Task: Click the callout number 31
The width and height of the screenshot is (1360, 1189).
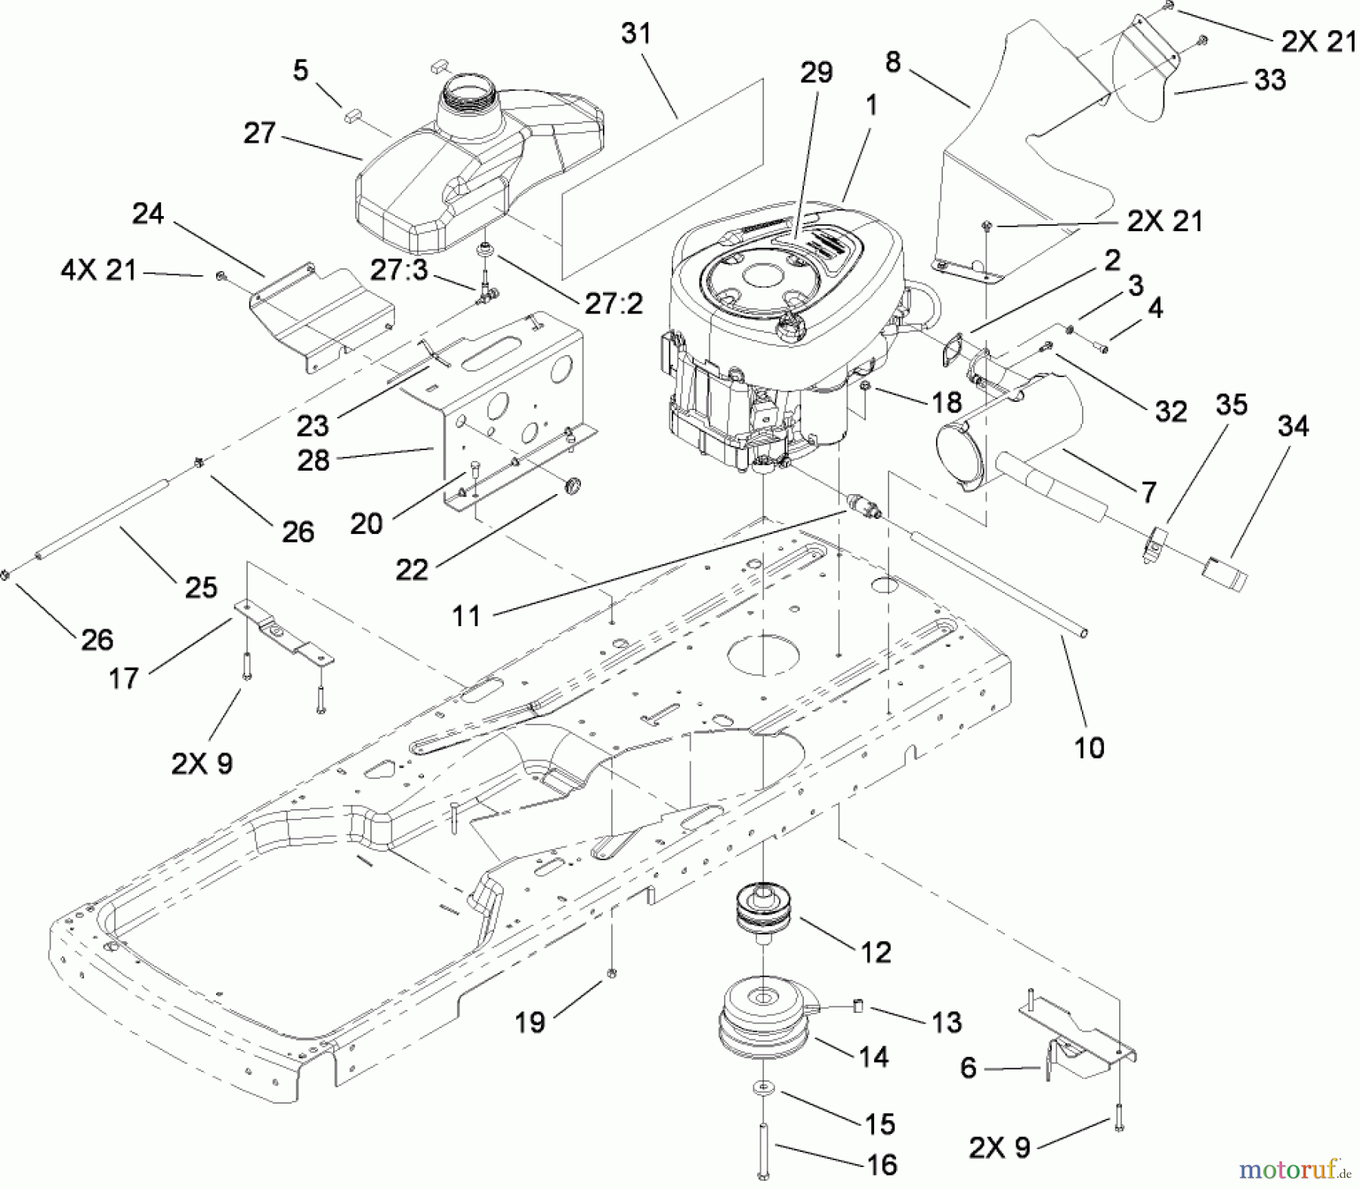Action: [x=635, y=34]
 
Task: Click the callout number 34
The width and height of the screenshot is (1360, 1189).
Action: [x=1293, y=426]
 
